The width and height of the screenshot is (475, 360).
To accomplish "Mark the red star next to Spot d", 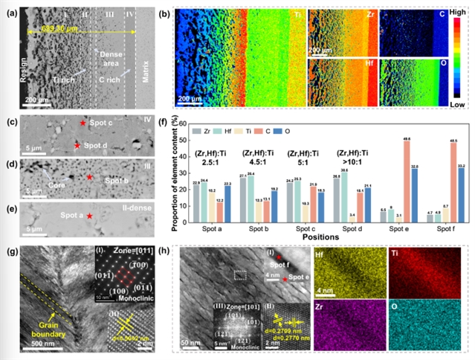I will (78, 146).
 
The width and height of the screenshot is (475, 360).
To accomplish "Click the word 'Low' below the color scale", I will (459, 106).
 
